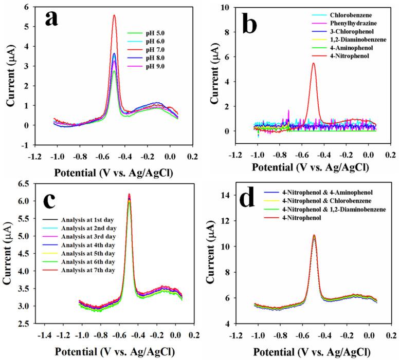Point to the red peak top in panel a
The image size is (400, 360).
(x=114, y=15)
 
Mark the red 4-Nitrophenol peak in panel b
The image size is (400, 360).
(x=313, y=63)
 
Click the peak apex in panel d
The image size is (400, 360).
(x=314, y=236)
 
